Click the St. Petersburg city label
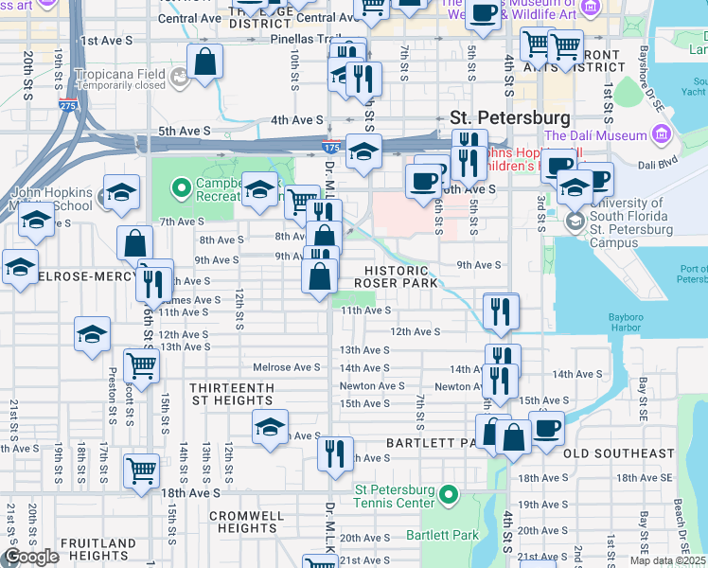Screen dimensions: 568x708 tap(510, 118)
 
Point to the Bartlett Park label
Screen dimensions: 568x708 tap(450, 535)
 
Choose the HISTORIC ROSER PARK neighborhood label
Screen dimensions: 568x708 tap(397, 275)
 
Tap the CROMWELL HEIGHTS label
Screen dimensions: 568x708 tap(245, 522)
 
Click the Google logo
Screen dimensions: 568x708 tap(32, 557)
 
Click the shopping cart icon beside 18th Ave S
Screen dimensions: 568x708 tap(141, 469)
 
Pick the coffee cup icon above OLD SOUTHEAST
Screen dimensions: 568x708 tap(546, 428)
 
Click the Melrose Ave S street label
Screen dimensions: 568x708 tap(289, 367)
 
